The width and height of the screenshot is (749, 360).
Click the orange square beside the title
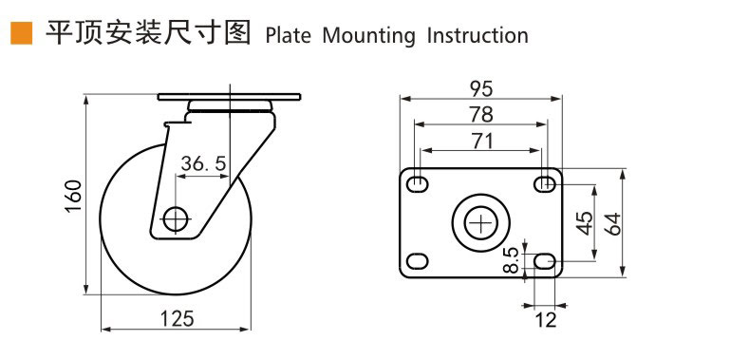[x=22, y=33]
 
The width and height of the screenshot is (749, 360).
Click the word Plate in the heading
[x=288, y=36]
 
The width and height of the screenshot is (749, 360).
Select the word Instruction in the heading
[x=477, y=36]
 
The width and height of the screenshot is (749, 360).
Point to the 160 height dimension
[x=73, y=197]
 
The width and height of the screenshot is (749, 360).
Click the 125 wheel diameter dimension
[x=177, y=319]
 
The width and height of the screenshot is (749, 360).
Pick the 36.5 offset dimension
[x=203, y=164]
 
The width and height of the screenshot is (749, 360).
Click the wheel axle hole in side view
[x=176, y=219]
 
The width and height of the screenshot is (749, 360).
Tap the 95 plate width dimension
[x=481, y=88]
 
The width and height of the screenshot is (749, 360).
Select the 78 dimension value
[x=481, y=115]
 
